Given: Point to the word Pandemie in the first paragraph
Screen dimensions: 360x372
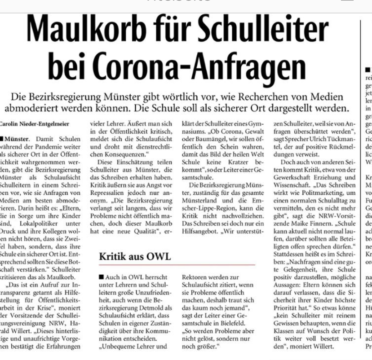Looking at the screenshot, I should pyautogui.click(x=47, y=147).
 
